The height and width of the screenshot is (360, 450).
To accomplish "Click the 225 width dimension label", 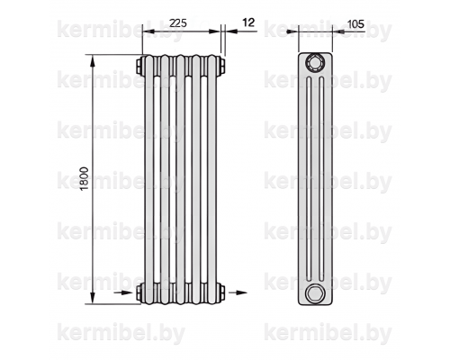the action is tap(178, 23).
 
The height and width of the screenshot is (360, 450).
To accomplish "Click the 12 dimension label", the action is tap(248, 22).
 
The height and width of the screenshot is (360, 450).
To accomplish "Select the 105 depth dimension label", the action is tap(355, 23).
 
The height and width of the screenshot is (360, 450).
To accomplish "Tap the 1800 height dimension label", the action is tap(85, 178).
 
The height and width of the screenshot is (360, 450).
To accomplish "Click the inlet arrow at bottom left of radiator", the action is tap(123, 292).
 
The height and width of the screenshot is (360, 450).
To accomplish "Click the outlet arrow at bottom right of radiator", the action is tap(238, 292).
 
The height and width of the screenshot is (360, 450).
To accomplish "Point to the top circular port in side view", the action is tap(315, 63).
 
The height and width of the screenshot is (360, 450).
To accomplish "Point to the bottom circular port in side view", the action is tap(315, 292).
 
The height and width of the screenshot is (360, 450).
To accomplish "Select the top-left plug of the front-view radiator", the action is tap(140, 66).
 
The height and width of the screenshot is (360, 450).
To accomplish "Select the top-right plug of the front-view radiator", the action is tap(221, 66).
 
